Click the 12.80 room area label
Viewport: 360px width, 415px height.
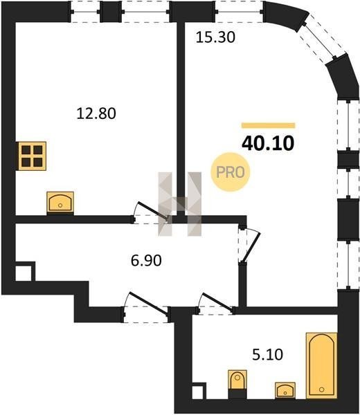tap(96, 113)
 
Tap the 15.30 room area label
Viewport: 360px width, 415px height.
tap(215, 37)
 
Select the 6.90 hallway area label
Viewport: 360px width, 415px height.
tap(146, 261)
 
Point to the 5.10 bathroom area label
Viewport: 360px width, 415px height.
tap(267, 355)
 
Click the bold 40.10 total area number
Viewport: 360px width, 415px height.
tap(268, 143)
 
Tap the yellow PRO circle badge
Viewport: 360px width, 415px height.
tap(231, 172)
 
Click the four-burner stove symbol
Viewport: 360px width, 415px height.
tap(32, 156)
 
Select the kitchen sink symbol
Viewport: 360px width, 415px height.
tap(60, 203)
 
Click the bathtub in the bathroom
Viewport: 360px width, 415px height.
tap(322, 365)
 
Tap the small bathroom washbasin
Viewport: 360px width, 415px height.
tap(285, 390)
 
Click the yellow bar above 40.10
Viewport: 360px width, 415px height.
tap(268, 125)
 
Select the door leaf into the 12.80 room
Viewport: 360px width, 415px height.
tap(153, 211)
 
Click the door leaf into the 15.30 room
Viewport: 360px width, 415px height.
tap(253, 247)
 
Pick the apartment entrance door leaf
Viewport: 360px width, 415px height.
tap(148, 304)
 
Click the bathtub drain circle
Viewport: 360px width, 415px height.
tap(322, 389)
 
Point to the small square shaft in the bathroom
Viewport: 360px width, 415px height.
tap(199, 390)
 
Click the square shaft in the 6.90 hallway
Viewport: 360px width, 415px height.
tap(25, 271)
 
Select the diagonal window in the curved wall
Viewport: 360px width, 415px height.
tap(321, 39)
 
